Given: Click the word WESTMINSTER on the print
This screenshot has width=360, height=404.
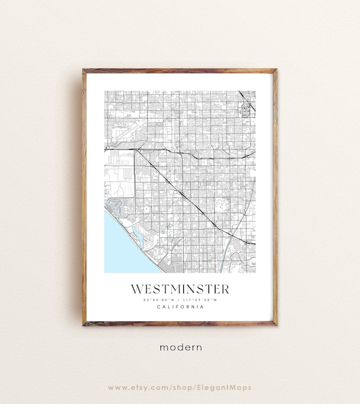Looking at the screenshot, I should (x=180, y=289).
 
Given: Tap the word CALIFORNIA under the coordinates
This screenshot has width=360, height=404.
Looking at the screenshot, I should (x=180, y=307).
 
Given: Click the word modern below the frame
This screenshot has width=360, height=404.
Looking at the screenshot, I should (x=180, y=347).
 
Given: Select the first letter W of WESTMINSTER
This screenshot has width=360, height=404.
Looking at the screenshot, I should (x=136, y=289).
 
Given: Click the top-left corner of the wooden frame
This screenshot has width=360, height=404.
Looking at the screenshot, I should (x=84, y=70).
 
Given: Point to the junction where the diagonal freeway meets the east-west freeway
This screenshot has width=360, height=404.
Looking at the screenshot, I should (x=135, y=150).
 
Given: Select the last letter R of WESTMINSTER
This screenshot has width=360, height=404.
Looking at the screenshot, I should (x=225, y=289).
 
